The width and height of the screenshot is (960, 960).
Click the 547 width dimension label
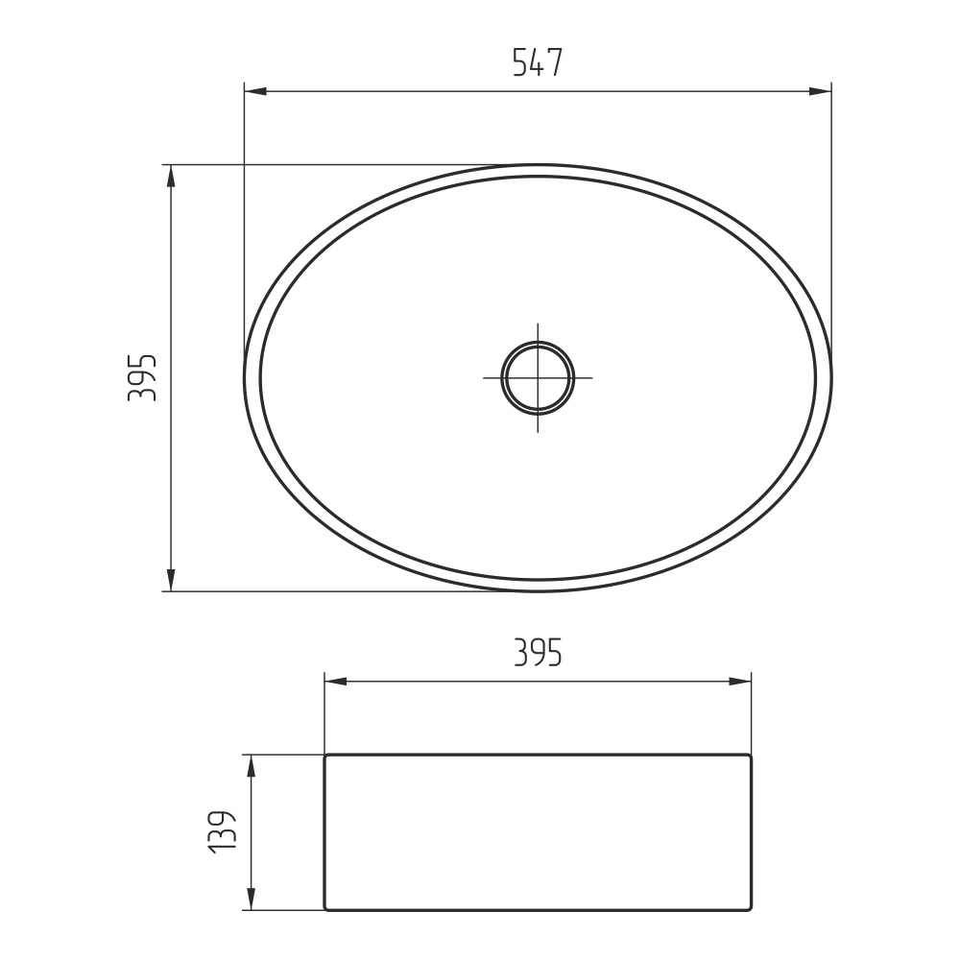click(x=537, y=61)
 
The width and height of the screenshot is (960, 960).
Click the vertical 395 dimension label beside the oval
click(x=142, y=377)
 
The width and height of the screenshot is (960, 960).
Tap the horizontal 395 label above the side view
click(x=537, y=652)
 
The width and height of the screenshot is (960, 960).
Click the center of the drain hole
click(x=538, y=377)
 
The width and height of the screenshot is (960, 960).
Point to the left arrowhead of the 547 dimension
click(x=255, y=92)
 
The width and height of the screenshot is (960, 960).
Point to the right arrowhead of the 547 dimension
click(x=821, y=92)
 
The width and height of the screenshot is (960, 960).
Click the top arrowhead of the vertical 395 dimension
click(x=171, y=176)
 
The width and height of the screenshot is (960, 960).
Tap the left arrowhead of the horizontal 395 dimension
click(x=335, y=682)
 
